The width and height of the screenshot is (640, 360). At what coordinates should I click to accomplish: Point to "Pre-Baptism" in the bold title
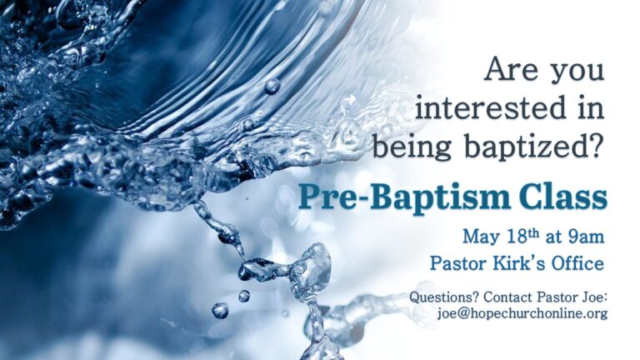(404, 198)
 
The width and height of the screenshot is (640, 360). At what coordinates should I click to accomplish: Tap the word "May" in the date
(480, 237)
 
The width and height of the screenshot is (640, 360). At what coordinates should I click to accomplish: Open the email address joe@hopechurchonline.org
(522, 313)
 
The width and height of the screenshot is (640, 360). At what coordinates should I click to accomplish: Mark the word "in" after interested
(591, 107)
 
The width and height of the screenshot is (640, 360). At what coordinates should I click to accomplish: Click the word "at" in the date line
(554, 237)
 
